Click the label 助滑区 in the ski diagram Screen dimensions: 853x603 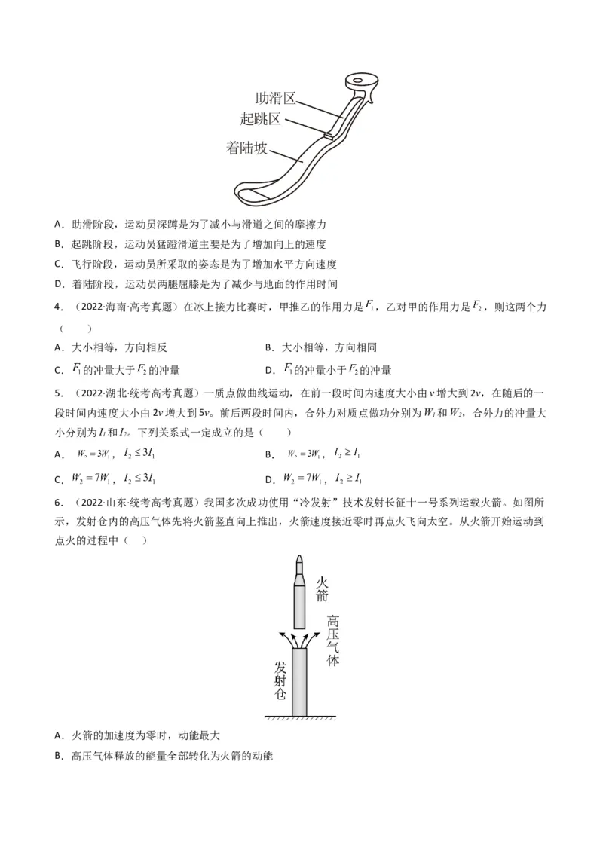pyautogui.click(x=276, y=99)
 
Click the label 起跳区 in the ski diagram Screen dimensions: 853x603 pyautogui.click(x=260, y=119)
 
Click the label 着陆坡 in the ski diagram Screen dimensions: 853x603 pyautogui.click(x=247, y=148)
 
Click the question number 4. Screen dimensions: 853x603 pyautogui.click(x=59, y=308)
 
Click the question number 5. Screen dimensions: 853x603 pyautogui.click(x=59, y=393)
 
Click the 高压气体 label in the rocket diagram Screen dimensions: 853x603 pyautogui.click(x=333, y=641)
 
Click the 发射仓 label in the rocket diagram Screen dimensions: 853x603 pyautogui.click(x=280, y=680)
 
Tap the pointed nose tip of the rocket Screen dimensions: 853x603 pyautogui.click(x=299, y=559)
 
